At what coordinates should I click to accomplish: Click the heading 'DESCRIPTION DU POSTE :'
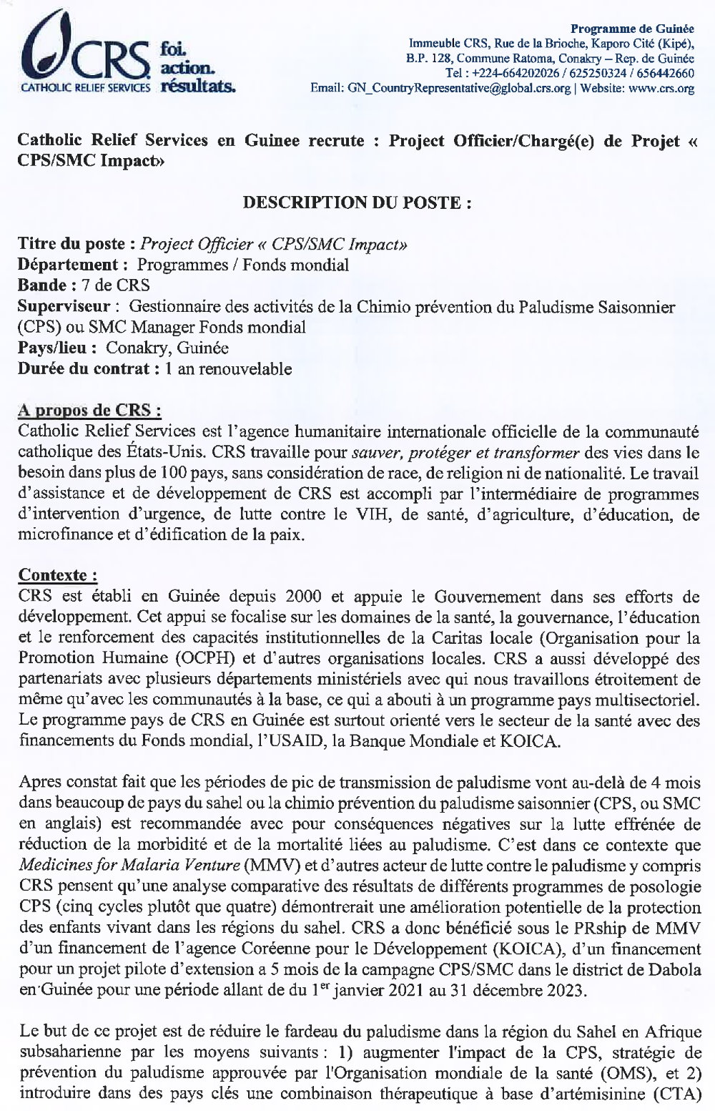(x=357, y=202)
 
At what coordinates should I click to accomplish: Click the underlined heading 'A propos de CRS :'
(x=89, y=411)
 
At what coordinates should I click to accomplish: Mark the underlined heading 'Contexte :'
(x=57, y=576)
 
